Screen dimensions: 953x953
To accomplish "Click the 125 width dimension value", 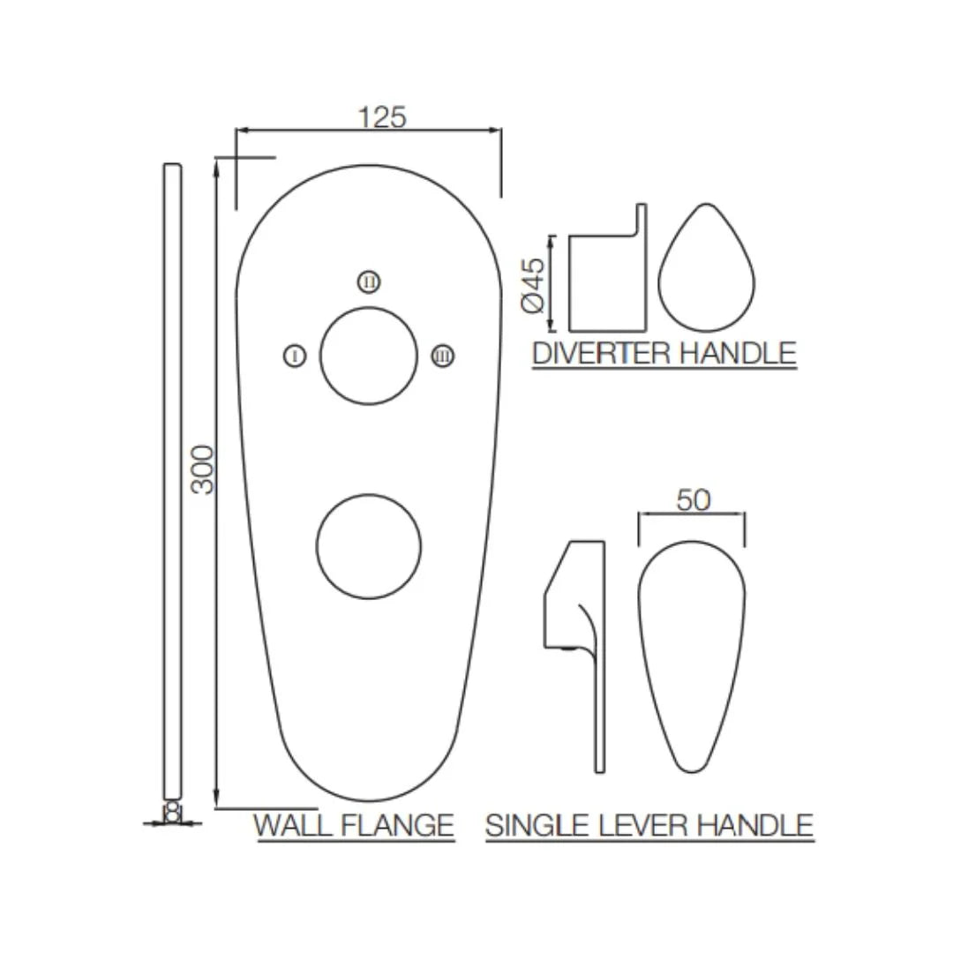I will pyautogui.click(x=382, y=116).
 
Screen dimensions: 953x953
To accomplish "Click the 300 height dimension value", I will pyautogui.click(x=203, y=469).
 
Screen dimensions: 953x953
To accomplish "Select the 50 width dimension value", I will pyautogui.click(x=694, y=500).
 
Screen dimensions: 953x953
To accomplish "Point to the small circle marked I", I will pyautogui.click(x=295, y=356).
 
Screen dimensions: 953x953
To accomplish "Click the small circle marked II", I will pyautogui.click(x=369, y=281).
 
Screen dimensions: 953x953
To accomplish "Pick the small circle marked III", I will pyautogui.click(x=442, y=356).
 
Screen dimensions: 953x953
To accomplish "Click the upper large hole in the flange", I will pyautogui.click(x=368, y=356).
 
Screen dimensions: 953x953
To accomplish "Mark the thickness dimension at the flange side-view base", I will pyautogui.click(x=173, y=814).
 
